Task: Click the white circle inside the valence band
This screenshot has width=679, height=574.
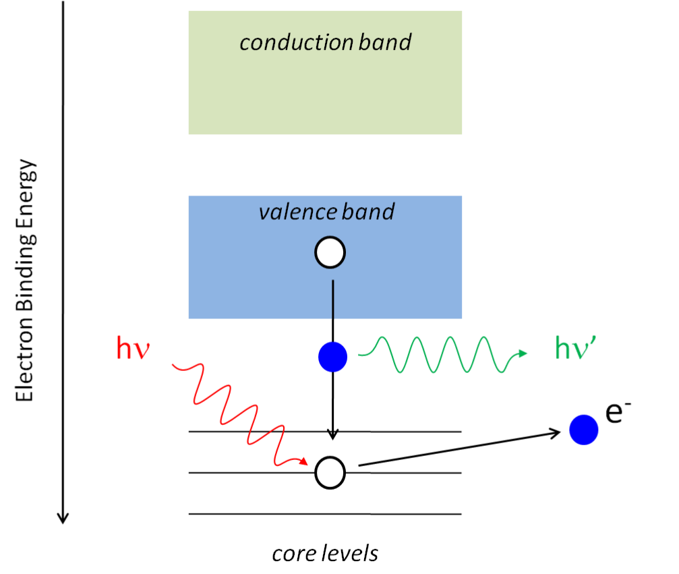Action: (x=330, y=253)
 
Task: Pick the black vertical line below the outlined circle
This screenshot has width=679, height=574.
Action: (x=332, y=300)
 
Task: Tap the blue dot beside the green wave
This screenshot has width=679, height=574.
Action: (x=332, y=357)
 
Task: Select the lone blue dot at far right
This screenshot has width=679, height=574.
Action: (x=584, y=430)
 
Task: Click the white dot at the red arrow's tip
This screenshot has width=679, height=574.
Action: (x=330, y=473)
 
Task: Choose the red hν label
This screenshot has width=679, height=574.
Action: (x=132, y=349)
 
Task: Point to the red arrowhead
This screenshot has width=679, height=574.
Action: (x=304, y=462)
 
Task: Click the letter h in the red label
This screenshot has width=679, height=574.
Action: (x=124, y=348)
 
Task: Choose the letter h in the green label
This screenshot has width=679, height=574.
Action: (x=562, y=348)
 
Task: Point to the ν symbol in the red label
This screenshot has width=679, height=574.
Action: (x=141, y=351)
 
